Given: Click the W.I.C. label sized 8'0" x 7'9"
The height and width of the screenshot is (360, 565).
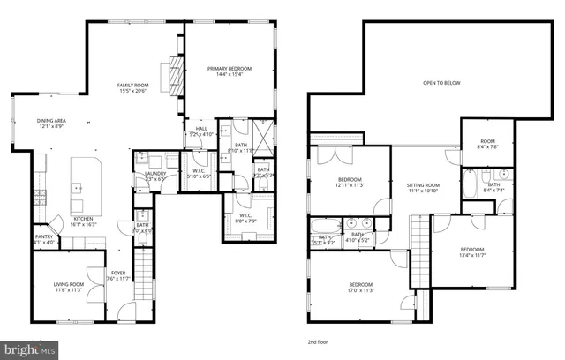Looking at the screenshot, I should pyautogui.click(x=245, y=217).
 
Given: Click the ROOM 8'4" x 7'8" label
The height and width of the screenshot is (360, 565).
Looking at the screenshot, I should pyautogui.click(x=487, y=145).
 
